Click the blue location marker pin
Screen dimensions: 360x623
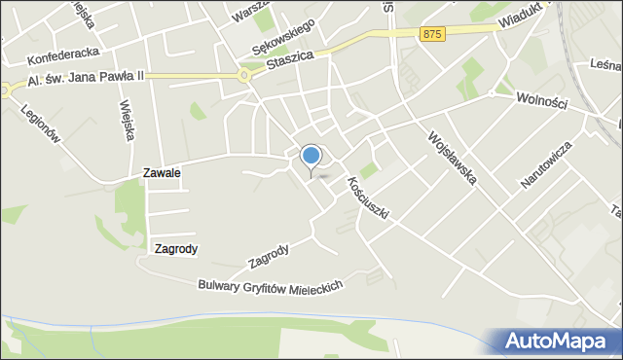pos(311,156)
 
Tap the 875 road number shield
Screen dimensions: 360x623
pos(434,34)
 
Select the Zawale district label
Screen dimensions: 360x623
pos(162,172)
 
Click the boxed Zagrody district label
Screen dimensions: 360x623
pos(175,249)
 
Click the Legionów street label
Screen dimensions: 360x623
pos(41,124)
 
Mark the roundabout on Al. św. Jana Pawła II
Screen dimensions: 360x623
pos(243,75)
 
